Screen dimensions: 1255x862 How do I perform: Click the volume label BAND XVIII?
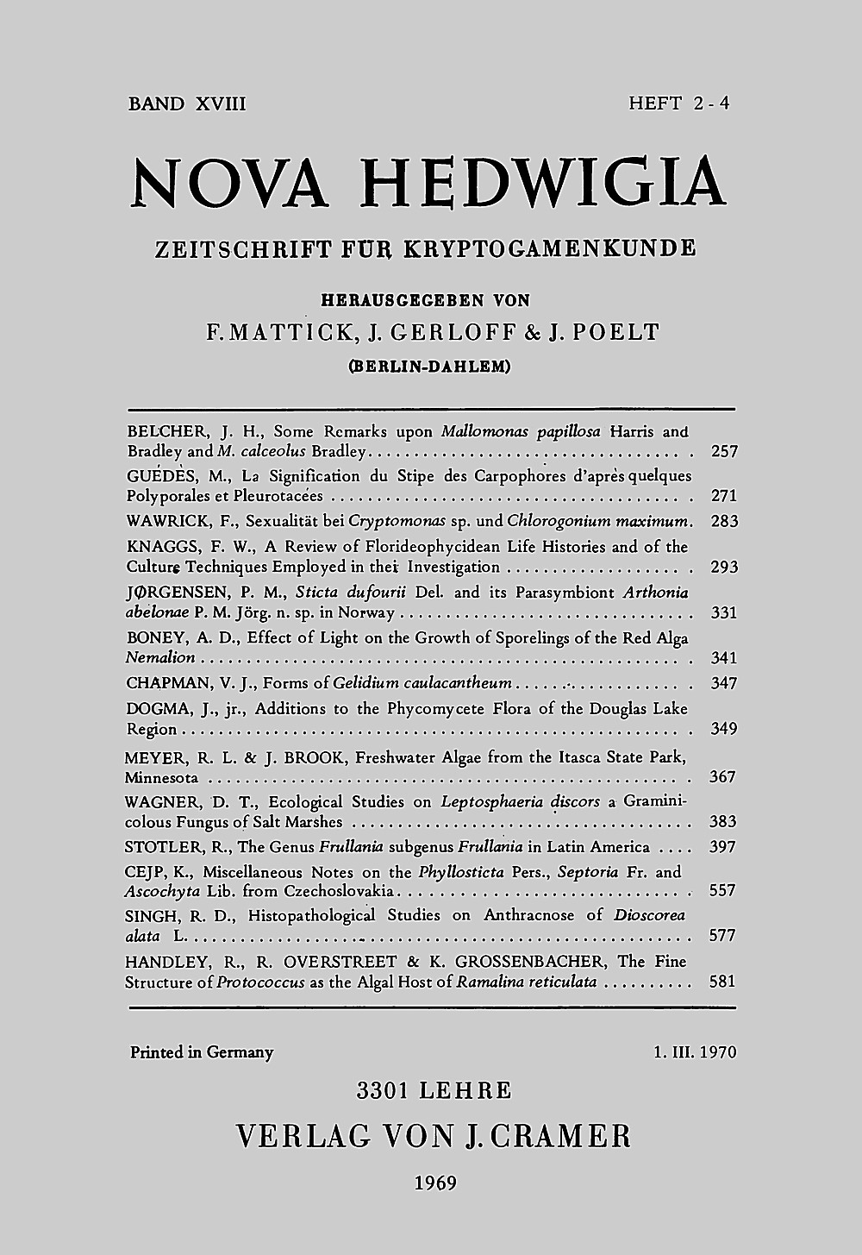[x=187, y=104]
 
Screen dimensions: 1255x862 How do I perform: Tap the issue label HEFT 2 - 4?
[x=679, y=104]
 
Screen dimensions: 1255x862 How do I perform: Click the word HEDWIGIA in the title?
[x=541, y=183]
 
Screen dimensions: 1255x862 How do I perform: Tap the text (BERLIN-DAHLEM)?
[x=428, y=366]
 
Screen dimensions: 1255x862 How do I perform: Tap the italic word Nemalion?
[x=160, y=658]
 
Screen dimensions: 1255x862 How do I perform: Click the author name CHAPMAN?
[x=167, y=684]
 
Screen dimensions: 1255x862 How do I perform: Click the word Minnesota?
[x=161, y=777]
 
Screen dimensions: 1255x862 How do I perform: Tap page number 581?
[x=722, y=982]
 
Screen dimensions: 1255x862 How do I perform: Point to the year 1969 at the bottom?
[x=435, y=1183]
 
